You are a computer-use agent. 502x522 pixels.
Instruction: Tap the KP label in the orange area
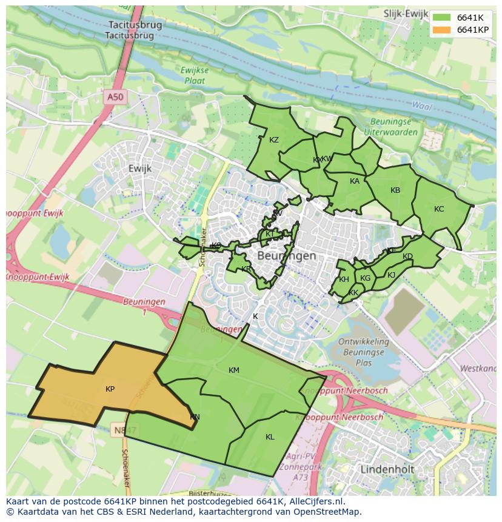(110, 389)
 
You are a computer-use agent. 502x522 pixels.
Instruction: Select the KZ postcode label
(274, 140)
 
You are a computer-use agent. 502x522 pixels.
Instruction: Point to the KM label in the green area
(234, 370)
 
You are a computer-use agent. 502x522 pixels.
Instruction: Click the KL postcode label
(270, 437)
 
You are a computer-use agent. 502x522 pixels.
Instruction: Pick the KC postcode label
(439, 209)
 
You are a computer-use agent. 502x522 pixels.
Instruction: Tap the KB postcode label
(395, 190)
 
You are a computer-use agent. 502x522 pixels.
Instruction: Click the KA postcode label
(355, 181)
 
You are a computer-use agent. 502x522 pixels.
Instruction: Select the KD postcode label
(407, 256)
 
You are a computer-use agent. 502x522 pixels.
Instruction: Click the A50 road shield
(115, 97)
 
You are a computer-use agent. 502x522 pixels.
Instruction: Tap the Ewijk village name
(139, 169)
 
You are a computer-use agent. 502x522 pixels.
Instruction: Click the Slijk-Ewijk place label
(405, 13)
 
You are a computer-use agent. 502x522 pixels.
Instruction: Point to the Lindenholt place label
(387, 469)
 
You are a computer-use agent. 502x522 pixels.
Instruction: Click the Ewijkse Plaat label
(195, 75)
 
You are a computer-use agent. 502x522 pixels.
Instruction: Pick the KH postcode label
(344, 279)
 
